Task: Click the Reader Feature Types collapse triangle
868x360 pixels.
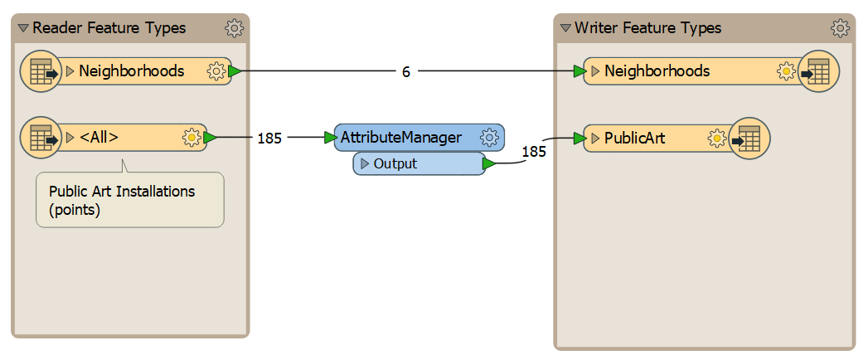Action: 22,27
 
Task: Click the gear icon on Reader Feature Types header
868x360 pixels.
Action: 234,27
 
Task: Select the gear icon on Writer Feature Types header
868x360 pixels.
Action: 840,27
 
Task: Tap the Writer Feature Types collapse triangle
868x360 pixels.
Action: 565,27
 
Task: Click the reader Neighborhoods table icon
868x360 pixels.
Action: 41,71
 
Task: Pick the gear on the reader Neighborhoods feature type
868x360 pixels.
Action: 216,71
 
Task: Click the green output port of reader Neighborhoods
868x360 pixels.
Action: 235,71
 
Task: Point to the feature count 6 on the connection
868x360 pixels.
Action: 405,72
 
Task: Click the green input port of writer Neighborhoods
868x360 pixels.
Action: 580,71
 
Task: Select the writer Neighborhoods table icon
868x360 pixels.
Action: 819,71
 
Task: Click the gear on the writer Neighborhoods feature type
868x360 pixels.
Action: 786,71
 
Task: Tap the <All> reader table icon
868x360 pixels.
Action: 41,138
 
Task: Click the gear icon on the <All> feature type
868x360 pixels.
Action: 191,138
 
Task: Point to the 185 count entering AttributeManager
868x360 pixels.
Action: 269,138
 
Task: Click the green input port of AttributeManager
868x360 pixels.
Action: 331,138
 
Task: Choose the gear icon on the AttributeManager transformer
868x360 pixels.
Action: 488,138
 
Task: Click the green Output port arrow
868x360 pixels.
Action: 489,163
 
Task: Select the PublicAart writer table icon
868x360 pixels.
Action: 749,138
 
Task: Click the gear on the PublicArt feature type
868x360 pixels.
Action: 716,138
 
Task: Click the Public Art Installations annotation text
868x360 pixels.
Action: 123,201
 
